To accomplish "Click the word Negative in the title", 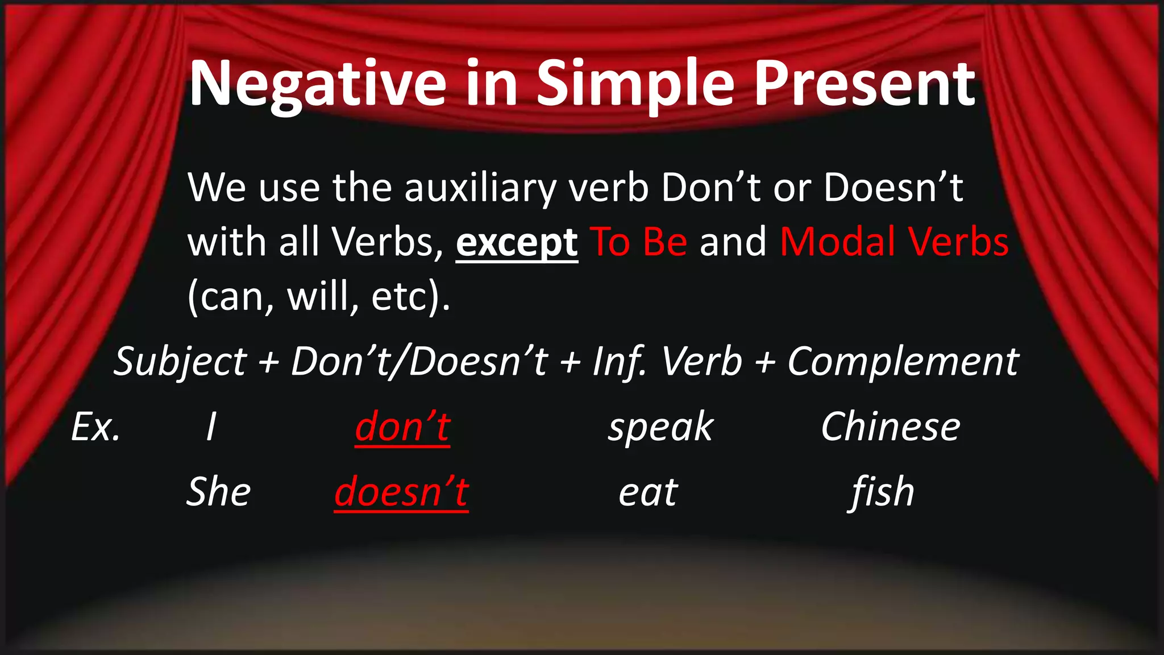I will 317,85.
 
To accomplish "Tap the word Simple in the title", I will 635,85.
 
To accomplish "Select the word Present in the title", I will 864,85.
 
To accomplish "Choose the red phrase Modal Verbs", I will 894,242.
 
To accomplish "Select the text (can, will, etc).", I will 318,296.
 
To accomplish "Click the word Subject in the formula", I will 180,362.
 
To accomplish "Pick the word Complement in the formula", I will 903,362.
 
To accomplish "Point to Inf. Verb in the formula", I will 667,362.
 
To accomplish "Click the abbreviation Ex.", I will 95,427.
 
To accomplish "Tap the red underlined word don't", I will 402,427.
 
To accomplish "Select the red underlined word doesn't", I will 401,492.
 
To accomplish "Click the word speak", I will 660,428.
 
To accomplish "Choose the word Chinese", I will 890,427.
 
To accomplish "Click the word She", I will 219,492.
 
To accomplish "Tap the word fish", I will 883,492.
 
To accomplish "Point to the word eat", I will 648,492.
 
